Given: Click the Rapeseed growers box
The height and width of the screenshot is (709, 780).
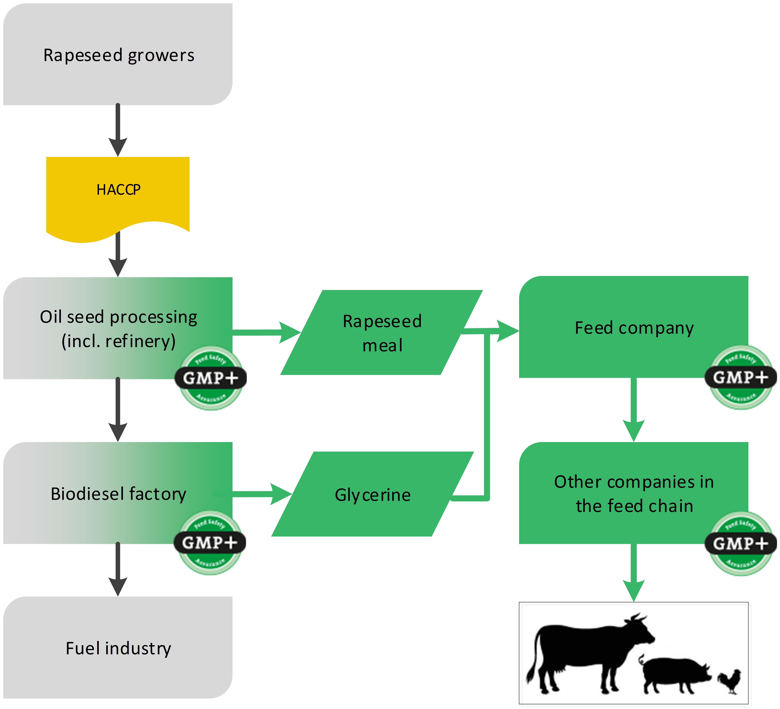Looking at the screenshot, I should (x=118, y=55).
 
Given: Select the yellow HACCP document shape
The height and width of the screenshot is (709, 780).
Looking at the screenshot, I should (x=118, y=194).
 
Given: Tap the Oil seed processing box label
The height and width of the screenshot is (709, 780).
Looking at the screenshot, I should (x=118, y=329).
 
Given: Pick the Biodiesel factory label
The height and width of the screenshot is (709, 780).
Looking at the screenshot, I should (x=118, y=494).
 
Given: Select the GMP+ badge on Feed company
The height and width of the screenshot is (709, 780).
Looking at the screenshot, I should (x=740, y=377).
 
